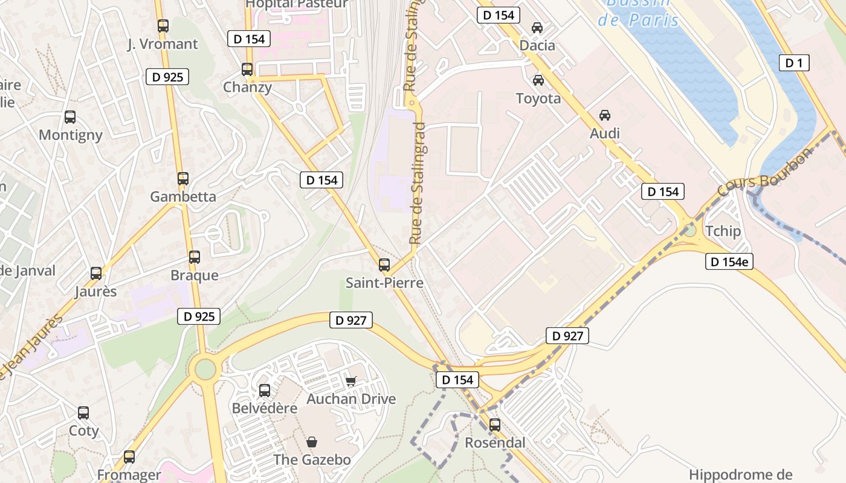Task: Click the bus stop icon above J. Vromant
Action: pyautogui.click(x=163, y=26)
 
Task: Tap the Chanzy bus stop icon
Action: pyautogui.click(x=247, y=69)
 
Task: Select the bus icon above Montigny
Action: pyautogui.click(x=70, y=117)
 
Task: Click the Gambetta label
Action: pyautogui.click(x=182, y=196)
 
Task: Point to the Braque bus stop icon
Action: pyautogui.click(x=194, y=257)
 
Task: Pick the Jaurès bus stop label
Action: pyautogui.click(x=95, y=291)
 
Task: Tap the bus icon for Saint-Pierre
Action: pyautogui.click(x=384, y=264)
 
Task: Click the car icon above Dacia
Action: pyautogui.click(x=537, y=28)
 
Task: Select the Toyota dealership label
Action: pyautogui.click(x=538, y=98)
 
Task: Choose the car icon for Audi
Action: pyautogui.click(x=604, y=115)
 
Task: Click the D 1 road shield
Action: pyautogui.click(x=793, y=62)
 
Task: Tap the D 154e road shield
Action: pyautogui.click(x=729, y=261)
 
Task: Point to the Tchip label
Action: pyautogui.click(x=723, y=231)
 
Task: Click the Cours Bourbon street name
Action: pyautogui.click(x=765, y=173)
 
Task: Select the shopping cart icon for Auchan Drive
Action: pyautogui.click(x=350, y=381)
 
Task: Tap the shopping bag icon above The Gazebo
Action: pyautogui.click(x=311, y=442)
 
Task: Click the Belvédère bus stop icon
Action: pyautogui.click(x=265, y=391)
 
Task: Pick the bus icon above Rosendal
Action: pyautogui.click(x=495, y=424)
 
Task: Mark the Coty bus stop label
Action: pyautogui.click(x=83, y=430)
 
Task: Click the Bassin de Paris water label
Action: pyautogui.click(x=638, y=12)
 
